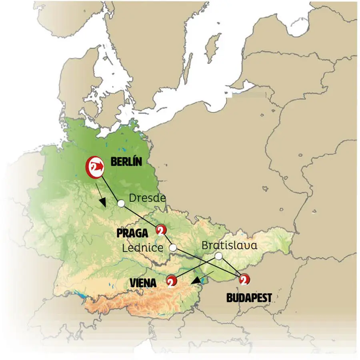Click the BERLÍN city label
pyautogui.click(x=127, y=162)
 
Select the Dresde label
pyautogui.click(x=147, y=198)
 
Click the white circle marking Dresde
pyautogui.click(x=121, y=203)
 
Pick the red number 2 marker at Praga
pyautogui.click(x=161, y=231)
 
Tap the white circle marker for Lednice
pyautogui.click(x=173, y=248)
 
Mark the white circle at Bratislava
pyautogui.click(x=218, y=256)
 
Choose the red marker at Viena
pyautogui.click(x=171, y=281)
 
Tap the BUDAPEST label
pyautogui.click(x=249, y=298)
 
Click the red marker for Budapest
pyautogui.click(x=243, y=280)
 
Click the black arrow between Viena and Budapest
pyautogui.click(x=201, y=279)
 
